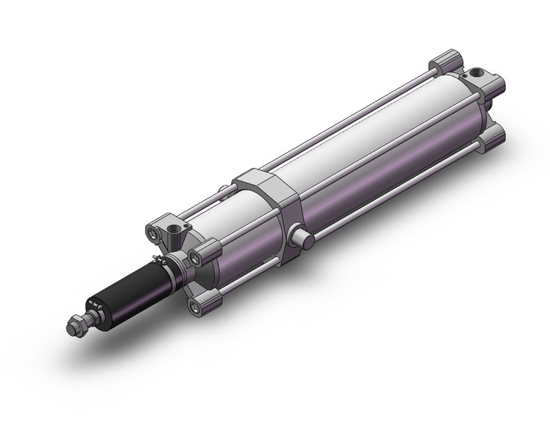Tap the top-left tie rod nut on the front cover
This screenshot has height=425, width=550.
point(154,233)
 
